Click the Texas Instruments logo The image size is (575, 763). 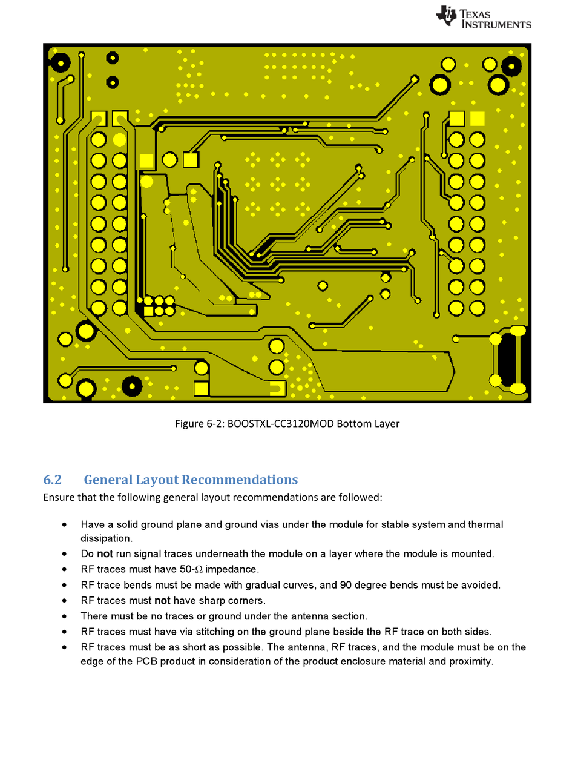(483, 18)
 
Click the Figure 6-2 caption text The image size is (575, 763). (287, 423)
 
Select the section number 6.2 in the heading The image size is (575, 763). (52, 480)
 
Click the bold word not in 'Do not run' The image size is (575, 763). (105, 553)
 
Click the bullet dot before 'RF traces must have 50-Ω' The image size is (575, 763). (65, 569)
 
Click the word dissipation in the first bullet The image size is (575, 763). (107, 538)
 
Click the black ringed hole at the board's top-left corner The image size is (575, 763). (60, 61)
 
